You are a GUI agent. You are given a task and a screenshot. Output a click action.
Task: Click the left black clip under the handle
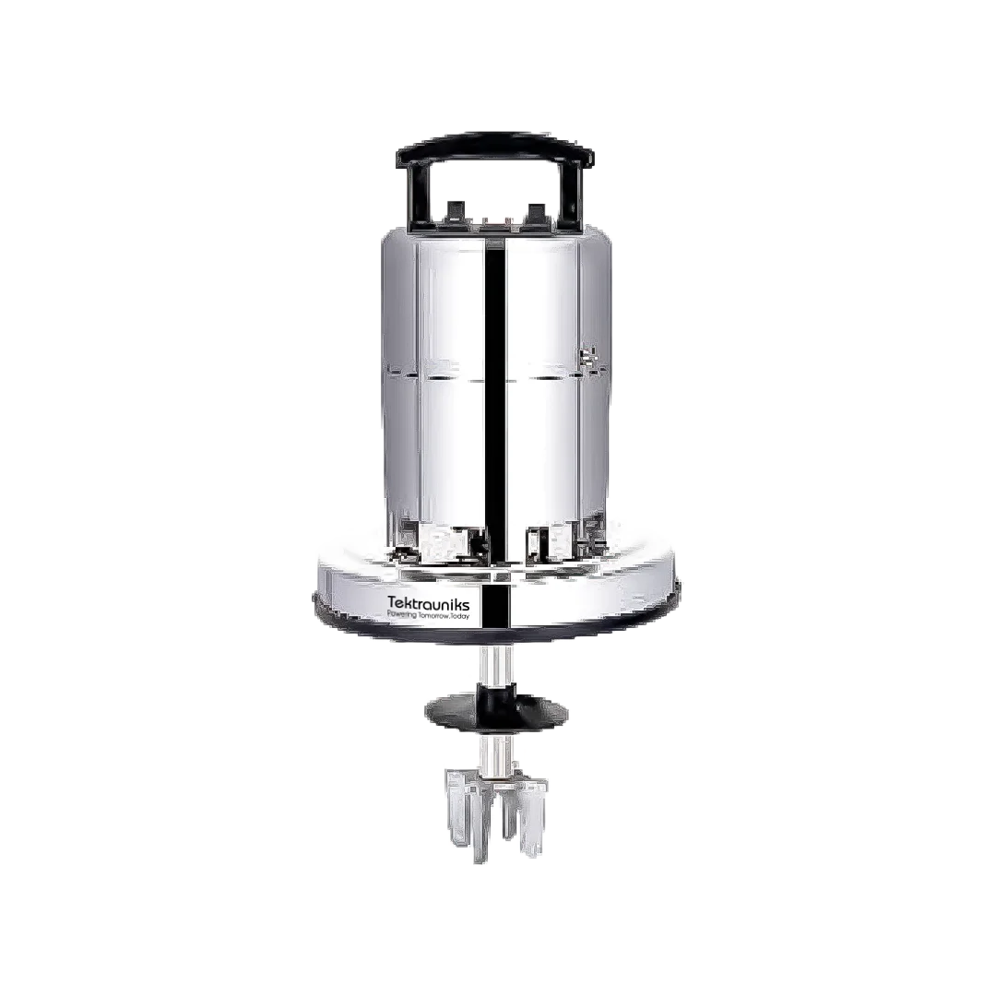pyautogui.click(x=453, y=212)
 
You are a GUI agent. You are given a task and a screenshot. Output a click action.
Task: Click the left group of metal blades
pyautogui.click(x=466, y=812)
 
